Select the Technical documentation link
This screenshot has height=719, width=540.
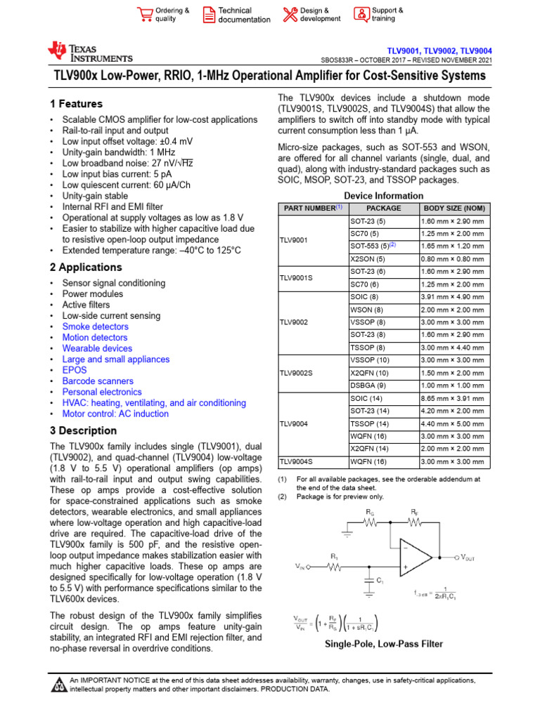[243, 15]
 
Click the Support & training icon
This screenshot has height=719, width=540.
[361, 15]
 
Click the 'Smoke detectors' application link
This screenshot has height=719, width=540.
[95, 326]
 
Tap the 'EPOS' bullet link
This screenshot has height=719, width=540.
[74, 370]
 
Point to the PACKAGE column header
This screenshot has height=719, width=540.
[384, 209]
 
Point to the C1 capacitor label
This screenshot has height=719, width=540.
[380, 581]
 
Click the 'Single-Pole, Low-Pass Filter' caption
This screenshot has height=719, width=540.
[384, 644]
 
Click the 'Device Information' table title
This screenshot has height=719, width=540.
[384, 196]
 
